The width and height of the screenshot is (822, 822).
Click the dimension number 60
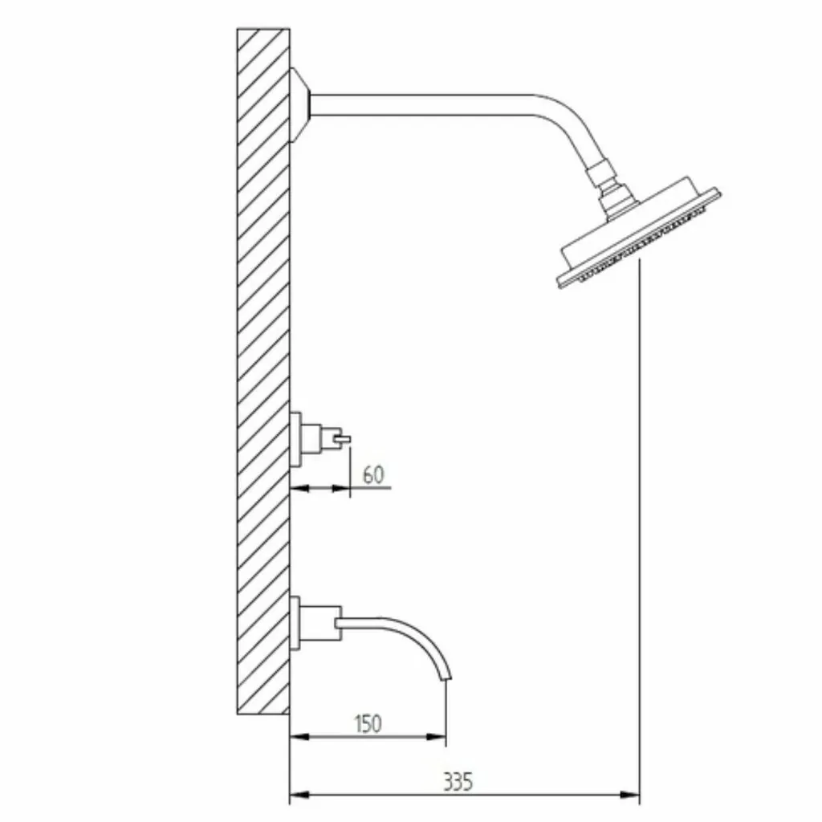coord(373,474)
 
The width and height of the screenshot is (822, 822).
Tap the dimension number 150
coord(368,723)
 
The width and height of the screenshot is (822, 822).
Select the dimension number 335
coord(458,781)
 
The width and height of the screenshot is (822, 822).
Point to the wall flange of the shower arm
coord(300,105)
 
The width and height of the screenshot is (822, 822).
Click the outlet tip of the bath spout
coord(447,678)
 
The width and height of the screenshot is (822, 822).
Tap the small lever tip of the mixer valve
coord(346,439)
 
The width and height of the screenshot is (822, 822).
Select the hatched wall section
coord(263,371)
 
